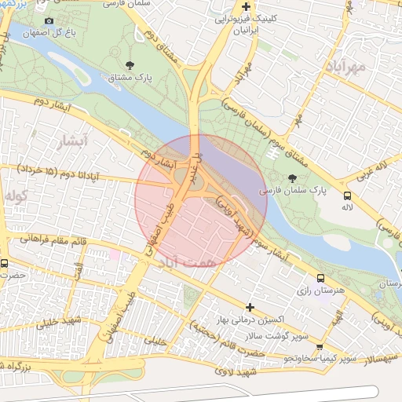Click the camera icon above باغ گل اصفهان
pos(49,20)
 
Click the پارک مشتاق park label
pos(131,78)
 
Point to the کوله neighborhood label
pos(16,194)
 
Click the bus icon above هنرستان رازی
pos(320,278)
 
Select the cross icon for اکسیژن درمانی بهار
pos(250,307)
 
